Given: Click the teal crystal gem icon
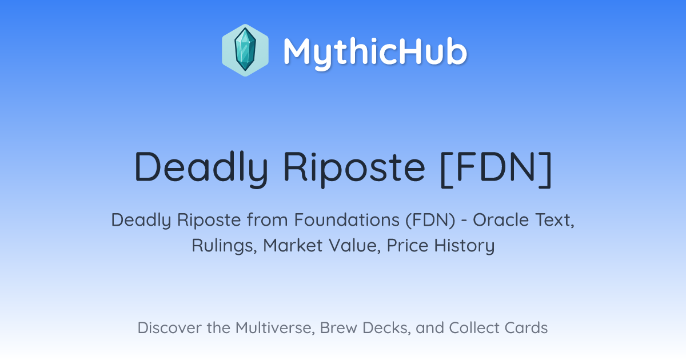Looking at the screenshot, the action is point(245,50).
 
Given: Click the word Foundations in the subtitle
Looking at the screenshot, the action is point(346,220).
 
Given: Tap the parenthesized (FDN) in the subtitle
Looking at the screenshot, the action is point(430,220).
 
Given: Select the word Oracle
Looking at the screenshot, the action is point(501,220).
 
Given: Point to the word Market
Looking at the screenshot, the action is point(293,245).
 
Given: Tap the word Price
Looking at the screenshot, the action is point(407,245).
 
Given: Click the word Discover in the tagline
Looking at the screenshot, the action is point(169,328).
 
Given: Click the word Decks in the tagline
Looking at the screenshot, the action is point(386,328).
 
